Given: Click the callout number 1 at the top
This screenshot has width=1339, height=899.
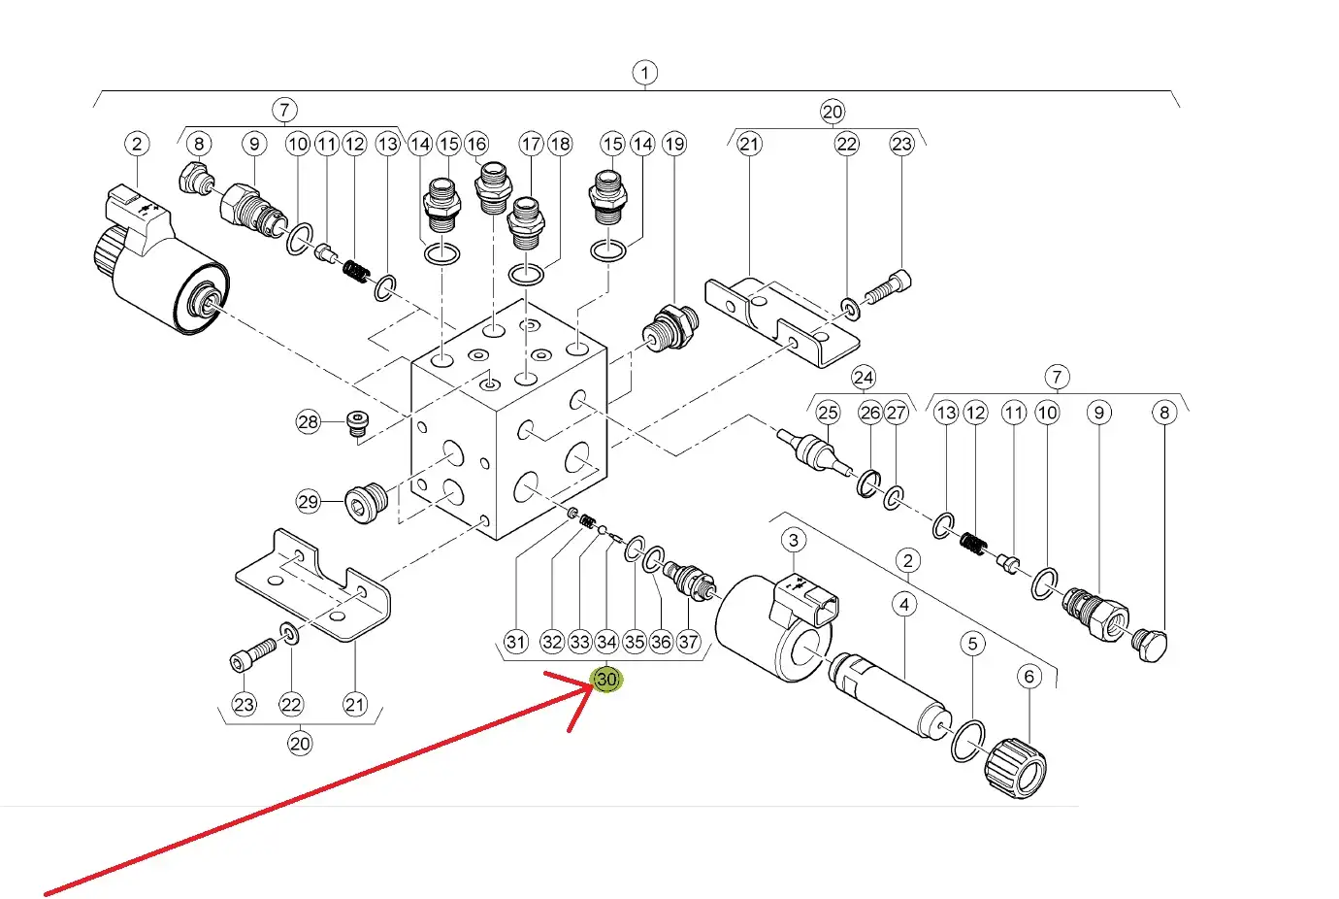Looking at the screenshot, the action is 644,73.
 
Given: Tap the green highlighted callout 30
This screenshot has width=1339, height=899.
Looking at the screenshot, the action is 606,680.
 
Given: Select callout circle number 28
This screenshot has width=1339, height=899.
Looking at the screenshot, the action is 308,422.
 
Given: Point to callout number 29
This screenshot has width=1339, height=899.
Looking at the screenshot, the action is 308,501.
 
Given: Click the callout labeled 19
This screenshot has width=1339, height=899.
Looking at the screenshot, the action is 674,144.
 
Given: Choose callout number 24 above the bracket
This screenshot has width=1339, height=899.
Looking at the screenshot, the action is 864,378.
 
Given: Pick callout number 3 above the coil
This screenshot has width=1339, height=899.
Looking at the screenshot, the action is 794,540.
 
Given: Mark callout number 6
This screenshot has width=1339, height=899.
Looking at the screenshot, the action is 1029,677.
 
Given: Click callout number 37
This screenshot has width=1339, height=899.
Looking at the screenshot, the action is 688,643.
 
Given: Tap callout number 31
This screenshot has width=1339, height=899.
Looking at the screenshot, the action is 516,643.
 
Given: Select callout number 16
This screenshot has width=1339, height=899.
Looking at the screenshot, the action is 476,144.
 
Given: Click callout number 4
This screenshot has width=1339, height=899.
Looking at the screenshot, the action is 904,605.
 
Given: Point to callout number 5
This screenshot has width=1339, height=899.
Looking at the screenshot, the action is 972,644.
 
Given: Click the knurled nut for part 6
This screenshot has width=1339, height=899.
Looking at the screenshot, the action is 1015,768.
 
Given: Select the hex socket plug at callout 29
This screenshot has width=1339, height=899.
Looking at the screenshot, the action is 366,503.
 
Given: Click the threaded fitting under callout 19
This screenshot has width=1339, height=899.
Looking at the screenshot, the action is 670,328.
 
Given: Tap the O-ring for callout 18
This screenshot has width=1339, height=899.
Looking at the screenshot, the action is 526,275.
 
